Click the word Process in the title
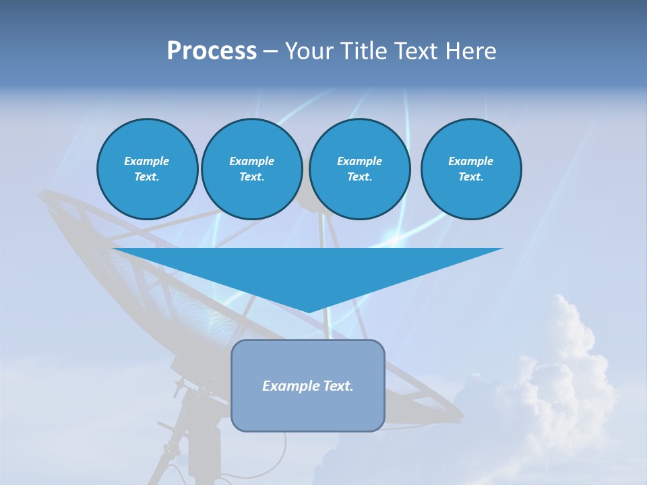[212, 51]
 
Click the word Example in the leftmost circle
[147, 161]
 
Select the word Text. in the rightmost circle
[470, 177]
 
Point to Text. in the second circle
[251, 177]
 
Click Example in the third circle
[359, 161]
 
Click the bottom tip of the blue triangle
[308, 311]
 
